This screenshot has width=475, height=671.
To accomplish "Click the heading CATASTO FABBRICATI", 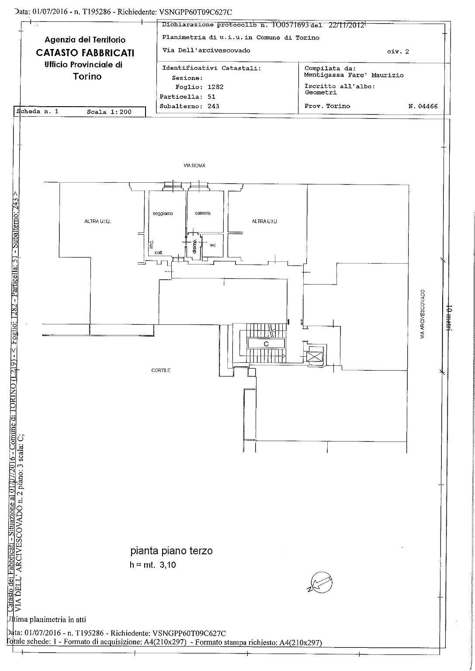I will point(85,53).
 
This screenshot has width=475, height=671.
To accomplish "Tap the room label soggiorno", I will point(163,213).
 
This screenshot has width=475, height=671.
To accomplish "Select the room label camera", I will point(202,213).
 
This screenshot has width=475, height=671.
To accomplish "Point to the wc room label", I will point(213,245).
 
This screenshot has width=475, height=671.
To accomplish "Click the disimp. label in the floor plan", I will point(194,247).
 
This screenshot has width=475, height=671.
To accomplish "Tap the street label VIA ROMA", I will point(194,166).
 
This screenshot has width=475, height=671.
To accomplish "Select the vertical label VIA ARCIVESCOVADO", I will point(422,314).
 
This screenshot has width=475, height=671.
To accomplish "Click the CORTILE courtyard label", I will point(161,370).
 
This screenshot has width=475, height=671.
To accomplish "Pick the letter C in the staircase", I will point(265,344).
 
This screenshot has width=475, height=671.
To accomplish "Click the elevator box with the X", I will point(314,357).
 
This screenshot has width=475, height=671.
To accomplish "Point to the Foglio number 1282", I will point(215,87).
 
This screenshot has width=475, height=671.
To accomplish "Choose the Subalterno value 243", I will point(213,106).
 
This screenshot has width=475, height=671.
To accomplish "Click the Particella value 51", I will point(211,97).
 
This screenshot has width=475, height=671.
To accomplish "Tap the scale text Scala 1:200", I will point(109,112).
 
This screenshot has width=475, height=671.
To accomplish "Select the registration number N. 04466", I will point(423,106).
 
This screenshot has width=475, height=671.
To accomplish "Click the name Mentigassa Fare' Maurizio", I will point(354,75).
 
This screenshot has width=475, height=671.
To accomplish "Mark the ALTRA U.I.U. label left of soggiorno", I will point(97,222).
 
